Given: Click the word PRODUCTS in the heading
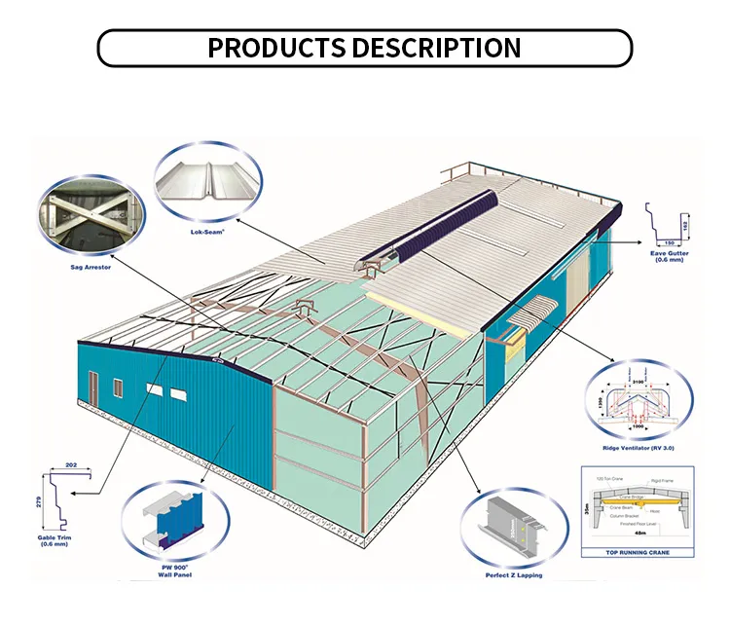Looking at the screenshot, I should click(x=276, y=48).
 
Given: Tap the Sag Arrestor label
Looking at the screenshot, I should click(x=86, y=265).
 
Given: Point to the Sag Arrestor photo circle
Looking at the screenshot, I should click(x=86, y=212).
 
